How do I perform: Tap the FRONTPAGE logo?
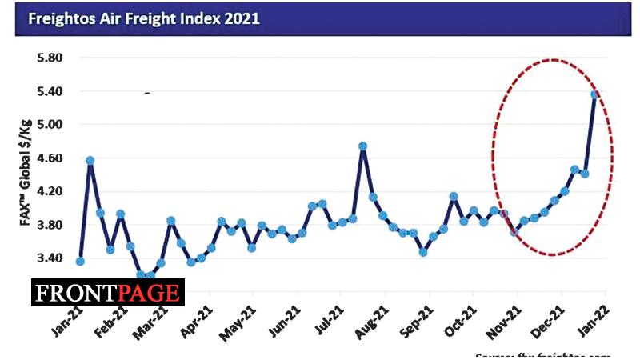[109, 293]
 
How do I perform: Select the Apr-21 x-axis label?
[197, 320]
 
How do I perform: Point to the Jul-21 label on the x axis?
[328, 320]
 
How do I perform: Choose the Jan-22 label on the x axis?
[590, 320]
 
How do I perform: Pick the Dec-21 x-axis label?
[547, 320]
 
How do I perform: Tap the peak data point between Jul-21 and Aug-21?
[363, 146]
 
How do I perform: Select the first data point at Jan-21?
[80, 262]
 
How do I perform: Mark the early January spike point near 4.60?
[90, 161]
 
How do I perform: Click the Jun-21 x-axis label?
[285, 320]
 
